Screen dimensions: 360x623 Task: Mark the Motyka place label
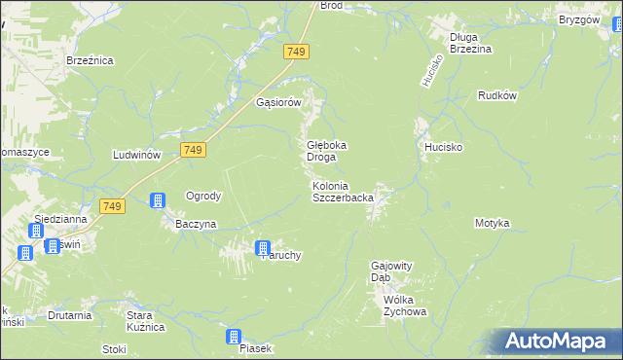(x=492, y=223)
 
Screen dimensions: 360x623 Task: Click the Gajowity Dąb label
(x=393, y=270)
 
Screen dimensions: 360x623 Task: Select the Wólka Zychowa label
(x=405, y=306)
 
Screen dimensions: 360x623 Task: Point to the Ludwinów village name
(x=136, y=156)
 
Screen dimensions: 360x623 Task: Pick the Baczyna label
(x=195, y=224)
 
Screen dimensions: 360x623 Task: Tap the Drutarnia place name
(x=70, y=315)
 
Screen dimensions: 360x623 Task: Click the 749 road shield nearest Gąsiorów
(x=298, y=51)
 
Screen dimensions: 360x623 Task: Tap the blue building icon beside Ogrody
(x=157, y=201)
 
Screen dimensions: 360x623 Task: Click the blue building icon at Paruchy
(x=262, y=249)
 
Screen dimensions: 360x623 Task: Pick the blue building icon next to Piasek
(x=234, y=338)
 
